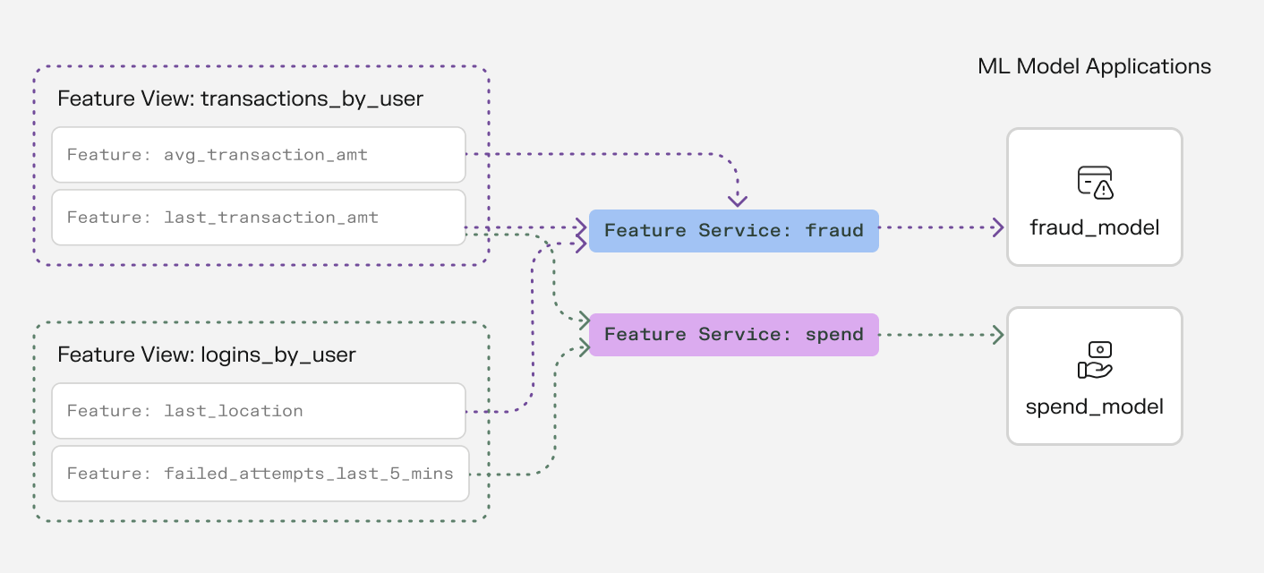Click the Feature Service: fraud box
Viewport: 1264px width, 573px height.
(x=733, y=231)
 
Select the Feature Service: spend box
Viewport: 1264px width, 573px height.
(x=733, y=335)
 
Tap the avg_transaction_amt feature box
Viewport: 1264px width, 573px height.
(x=259, y=155)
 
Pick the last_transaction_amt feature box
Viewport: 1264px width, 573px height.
(x=259, y=218)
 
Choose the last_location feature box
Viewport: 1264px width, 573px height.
(x=259, y=411)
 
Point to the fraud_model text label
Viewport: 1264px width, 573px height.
(x=1095, y=227)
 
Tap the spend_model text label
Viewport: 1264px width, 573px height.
(x=1095, y=406)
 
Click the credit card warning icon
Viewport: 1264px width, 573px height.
(x=1095, y=182)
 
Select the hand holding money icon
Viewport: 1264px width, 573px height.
(x=1094, y=360)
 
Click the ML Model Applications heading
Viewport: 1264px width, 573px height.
(x=1094, y=66)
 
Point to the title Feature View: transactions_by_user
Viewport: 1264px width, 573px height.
(x=240, y=98)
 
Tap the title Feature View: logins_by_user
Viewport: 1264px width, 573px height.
(x=207, y=355)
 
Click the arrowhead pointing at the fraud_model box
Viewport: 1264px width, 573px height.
(x=998, y=227)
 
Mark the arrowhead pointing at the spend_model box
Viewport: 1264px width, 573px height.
(x=998, y=335)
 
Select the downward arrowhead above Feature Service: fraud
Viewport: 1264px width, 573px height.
(x=738, y=200)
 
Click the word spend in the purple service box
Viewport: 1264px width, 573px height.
(x=834, y=335)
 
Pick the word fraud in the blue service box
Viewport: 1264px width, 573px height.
(x=834, y=231)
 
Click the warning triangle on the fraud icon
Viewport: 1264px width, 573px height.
(x=1104, y=190)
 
